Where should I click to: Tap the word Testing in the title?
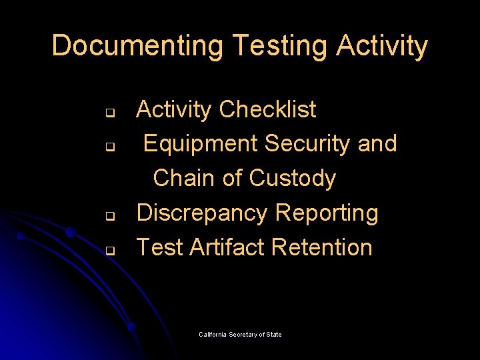click(281, 47)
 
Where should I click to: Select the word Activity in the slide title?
click(382, 47)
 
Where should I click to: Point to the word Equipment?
click(201, 143)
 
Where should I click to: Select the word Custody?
click(292, 178)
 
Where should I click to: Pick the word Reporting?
click(327, 213)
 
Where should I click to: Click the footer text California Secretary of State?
click(240, 335)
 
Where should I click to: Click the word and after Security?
click(377, 143)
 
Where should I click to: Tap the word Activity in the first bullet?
click(174, 109)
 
